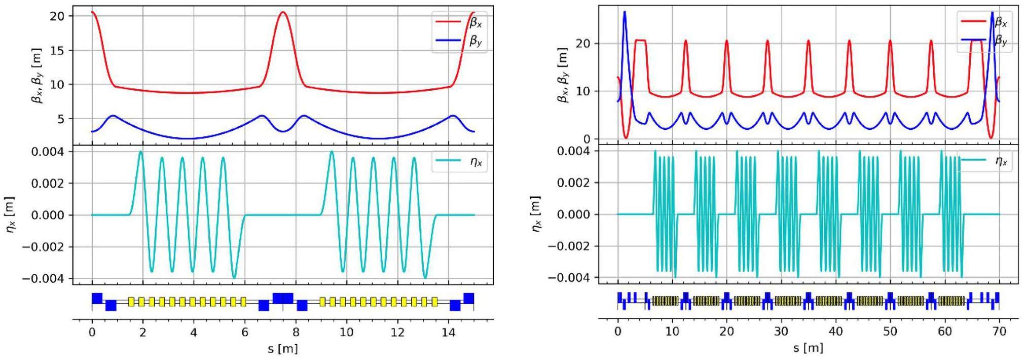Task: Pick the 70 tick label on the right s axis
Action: (x=999, y=331)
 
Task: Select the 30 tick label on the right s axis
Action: (x=781, y=331)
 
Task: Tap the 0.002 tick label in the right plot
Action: (x=574, y=183)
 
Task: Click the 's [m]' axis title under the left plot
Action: (x=283, y=348)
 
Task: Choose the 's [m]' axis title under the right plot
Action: (x=808, y=348)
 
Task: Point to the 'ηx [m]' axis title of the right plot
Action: (x=536, y=214)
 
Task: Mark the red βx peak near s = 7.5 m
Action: (x=283, y=12)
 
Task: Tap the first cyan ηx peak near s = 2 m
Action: (x=141, y=152)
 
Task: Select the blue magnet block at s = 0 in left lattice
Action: (x=97, y=298)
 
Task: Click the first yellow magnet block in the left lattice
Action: (x=131, y=302)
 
